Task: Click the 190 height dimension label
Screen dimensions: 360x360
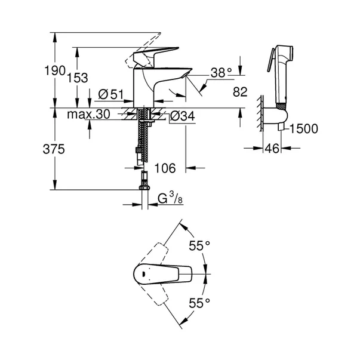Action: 57,70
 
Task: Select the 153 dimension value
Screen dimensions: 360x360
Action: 78,77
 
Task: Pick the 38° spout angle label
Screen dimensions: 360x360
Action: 220,73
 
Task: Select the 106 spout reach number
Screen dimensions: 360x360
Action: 165,168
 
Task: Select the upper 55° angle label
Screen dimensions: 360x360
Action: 199,245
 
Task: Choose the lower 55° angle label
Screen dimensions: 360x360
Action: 199,303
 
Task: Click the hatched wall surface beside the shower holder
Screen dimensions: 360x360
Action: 260,113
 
